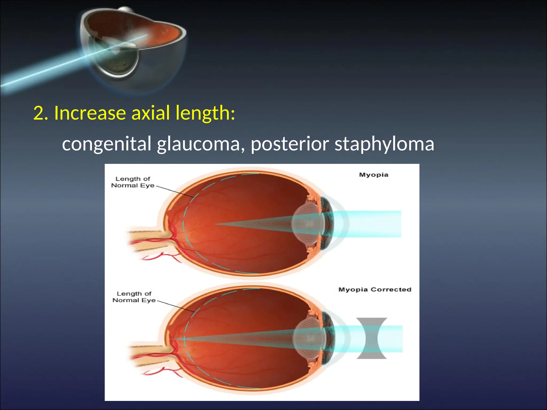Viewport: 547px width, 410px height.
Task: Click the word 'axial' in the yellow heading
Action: (150, 113)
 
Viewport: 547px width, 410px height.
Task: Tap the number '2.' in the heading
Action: (41, 113)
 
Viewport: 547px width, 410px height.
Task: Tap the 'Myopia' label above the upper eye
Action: (373, 175)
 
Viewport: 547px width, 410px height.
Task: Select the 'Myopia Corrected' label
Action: (374, 290)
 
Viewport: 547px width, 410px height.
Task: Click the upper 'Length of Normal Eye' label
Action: (133, 182)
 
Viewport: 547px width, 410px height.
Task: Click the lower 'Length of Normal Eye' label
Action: (134, 297)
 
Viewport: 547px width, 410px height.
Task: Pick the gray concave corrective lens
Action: (372, 338)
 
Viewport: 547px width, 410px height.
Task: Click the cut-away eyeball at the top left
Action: (134, 45)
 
